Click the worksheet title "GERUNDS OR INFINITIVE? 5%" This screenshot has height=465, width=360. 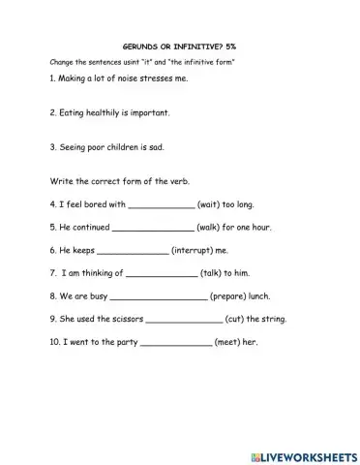click(180, 46)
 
